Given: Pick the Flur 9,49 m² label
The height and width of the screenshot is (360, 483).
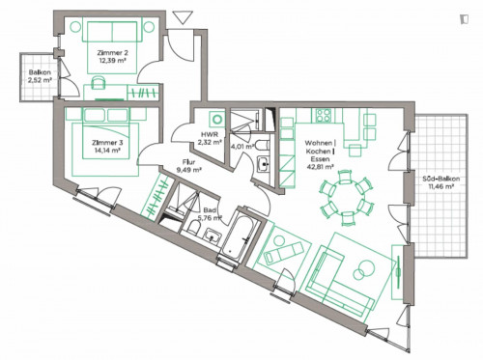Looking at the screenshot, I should click(x=187, y=165).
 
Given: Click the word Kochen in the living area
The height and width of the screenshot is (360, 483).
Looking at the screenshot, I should click(x=319, y=152).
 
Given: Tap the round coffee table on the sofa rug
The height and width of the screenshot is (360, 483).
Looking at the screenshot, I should click(x=367, y=267).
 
